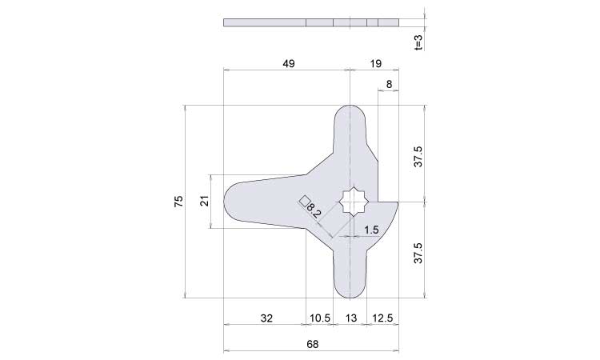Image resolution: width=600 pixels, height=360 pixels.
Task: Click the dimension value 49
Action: (x=289, y=63)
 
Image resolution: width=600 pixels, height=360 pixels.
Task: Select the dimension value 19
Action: (x=376, y=63)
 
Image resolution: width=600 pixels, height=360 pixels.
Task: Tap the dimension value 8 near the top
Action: (x=389, y=84)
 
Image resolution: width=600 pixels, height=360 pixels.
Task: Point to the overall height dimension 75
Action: (x=178, y=202)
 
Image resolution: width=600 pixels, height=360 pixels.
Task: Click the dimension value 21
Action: (x=206, y=201)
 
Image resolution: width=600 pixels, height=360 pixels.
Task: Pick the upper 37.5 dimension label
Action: (x=418, y=156)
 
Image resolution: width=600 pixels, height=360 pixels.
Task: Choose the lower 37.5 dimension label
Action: (x=418, y=253)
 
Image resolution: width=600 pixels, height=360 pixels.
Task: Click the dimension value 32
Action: (x=266, y=318)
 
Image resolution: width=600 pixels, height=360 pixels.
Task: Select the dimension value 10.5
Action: (x=320, y=318)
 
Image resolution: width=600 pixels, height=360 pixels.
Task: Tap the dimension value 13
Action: (x=351, y=318)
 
